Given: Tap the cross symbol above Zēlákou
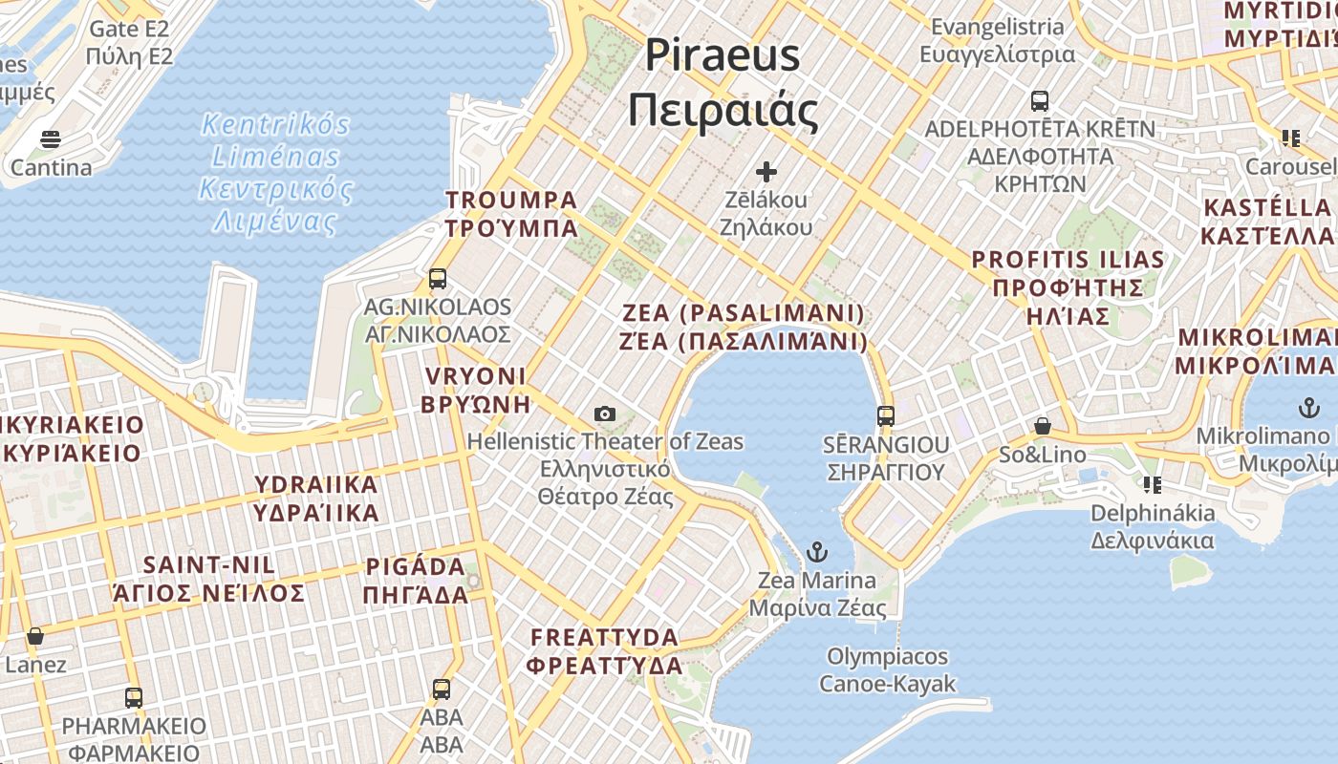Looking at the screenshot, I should (766, 172).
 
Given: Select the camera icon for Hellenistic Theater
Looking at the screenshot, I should (604, 414).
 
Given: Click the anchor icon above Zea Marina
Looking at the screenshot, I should (816, 551).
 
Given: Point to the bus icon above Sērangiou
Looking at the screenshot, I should (886, 415).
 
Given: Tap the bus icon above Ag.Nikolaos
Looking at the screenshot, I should (438, 279).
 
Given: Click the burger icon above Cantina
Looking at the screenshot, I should (51, 139).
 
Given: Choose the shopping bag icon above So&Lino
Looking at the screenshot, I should (1043, 426).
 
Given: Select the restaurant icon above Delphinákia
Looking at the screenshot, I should (1153, 485).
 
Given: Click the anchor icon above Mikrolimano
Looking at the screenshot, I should (1307, 408).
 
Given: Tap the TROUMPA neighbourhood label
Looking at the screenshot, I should (511, 214).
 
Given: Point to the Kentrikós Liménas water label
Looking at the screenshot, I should (275, 173).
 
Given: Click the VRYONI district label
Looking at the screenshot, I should (475, 389).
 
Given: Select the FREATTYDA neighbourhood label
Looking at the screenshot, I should (605, 650).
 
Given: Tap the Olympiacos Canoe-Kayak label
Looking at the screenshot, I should (888, 669).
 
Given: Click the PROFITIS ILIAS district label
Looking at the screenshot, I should (1068, 286).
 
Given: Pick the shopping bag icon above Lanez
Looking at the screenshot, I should (35, 636).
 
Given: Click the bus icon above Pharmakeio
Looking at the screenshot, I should (134, 697).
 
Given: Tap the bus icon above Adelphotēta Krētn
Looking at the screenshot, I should (1039, 100).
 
